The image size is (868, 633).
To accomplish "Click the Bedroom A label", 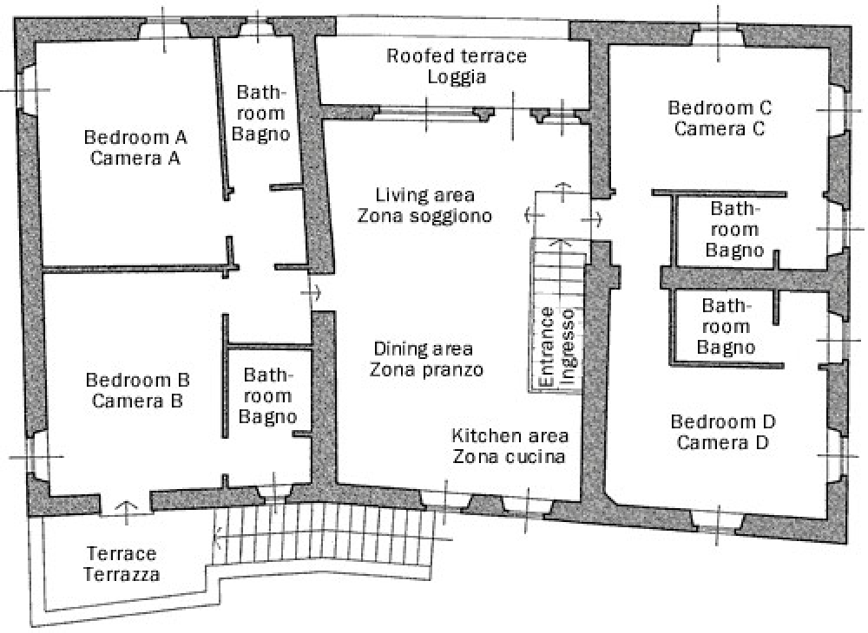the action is [135, 147].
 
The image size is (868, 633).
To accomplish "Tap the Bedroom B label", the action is [138, 390].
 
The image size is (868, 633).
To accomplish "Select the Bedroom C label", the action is [720, 118].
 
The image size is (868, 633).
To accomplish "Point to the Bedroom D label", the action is [723, 432].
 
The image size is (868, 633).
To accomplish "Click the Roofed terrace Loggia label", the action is [457, 66].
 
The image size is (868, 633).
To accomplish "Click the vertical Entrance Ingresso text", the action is [556, 347].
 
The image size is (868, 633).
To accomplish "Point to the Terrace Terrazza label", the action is [122, 564].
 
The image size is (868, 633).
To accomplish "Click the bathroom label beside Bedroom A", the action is [260, 113].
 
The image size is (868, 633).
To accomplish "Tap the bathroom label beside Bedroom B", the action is [268, 395].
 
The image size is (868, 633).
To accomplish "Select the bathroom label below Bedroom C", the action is [734, 230].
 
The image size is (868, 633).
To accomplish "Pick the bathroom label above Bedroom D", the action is [726, 326].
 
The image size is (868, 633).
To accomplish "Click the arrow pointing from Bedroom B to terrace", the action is [127, 512].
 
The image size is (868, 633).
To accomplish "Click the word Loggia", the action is [457, 77].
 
